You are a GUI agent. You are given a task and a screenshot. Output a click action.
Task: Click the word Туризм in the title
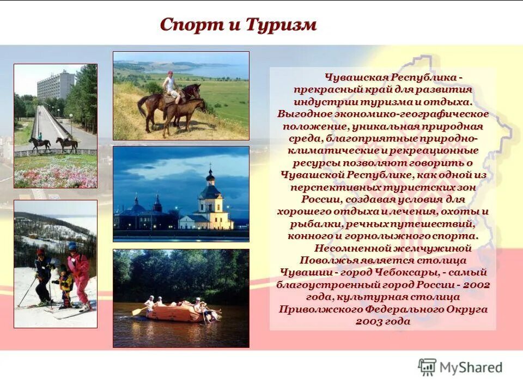(x=281, y=24)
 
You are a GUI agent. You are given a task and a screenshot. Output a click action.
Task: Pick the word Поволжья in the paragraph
(x=325, y=260)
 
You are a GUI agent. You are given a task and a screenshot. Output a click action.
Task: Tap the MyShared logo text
(x=471, y=367)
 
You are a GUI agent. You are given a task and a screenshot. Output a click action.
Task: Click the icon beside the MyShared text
(x=427, y=367)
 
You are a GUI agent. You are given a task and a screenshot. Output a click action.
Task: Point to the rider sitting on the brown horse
(x=172, y=85)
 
